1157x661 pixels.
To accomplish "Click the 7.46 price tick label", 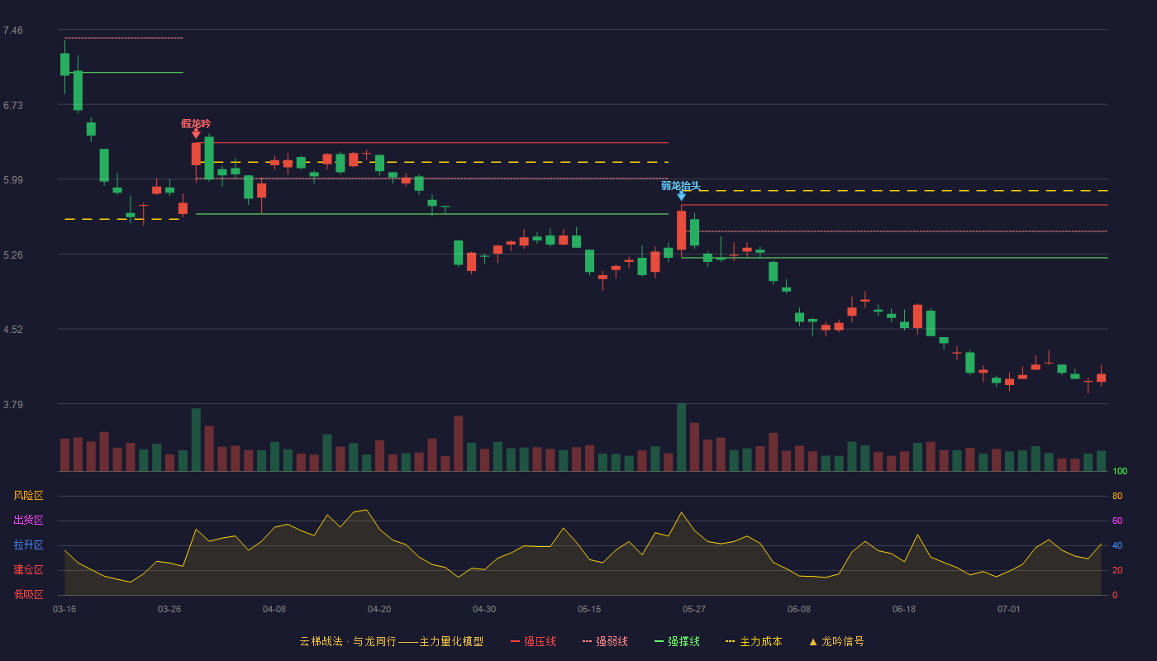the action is [x=13, y=31].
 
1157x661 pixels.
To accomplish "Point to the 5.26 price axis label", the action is [x=13, y=255].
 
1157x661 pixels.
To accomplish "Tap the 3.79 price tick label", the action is [x=13, y=404].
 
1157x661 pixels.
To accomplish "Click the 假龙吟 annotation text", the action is [x=196, y=123].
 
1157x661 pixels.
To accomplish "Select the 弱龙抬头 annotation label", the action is [x=681, y=185].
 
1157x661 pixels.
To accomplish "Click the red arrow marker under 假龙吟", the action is [x=196, y=134].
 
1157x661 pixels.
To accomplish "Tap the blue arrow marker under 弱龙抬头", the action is [x=681, y=196].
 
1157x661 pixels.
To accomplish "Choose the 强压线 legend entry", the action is [x=533, y=641].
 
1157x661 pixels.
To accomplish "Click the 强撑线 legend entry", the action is [x=677, y=641].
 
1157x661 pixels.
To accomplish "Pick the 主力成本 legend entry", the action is [x=754, y=641].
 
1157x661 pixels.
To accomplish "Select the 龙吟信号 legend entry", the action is [x=836, y=641].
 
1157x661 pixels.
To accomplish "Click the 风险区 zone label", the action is [x=28, y=495].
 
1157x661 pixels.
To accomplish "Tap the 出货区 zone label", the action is [x=28, y=520].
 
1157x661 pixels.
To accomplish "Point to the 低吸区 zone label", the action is [x=28, y=594].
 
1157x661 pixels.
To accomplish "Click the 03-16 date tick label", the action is [x=64, y=610].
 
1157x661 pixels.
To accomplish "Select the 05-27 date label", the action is [x=693, y=610].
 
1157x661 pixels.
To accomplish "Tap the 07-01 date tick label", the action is [x=1009, y=610].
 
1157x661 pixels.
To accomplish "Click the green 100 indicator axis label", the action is [x=1120, y=471].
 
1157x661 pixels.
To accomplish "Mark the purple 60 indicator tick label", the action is [x=1117, y=521].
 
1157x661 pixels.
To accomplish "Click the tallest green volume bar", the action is [x=681, y=437].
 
